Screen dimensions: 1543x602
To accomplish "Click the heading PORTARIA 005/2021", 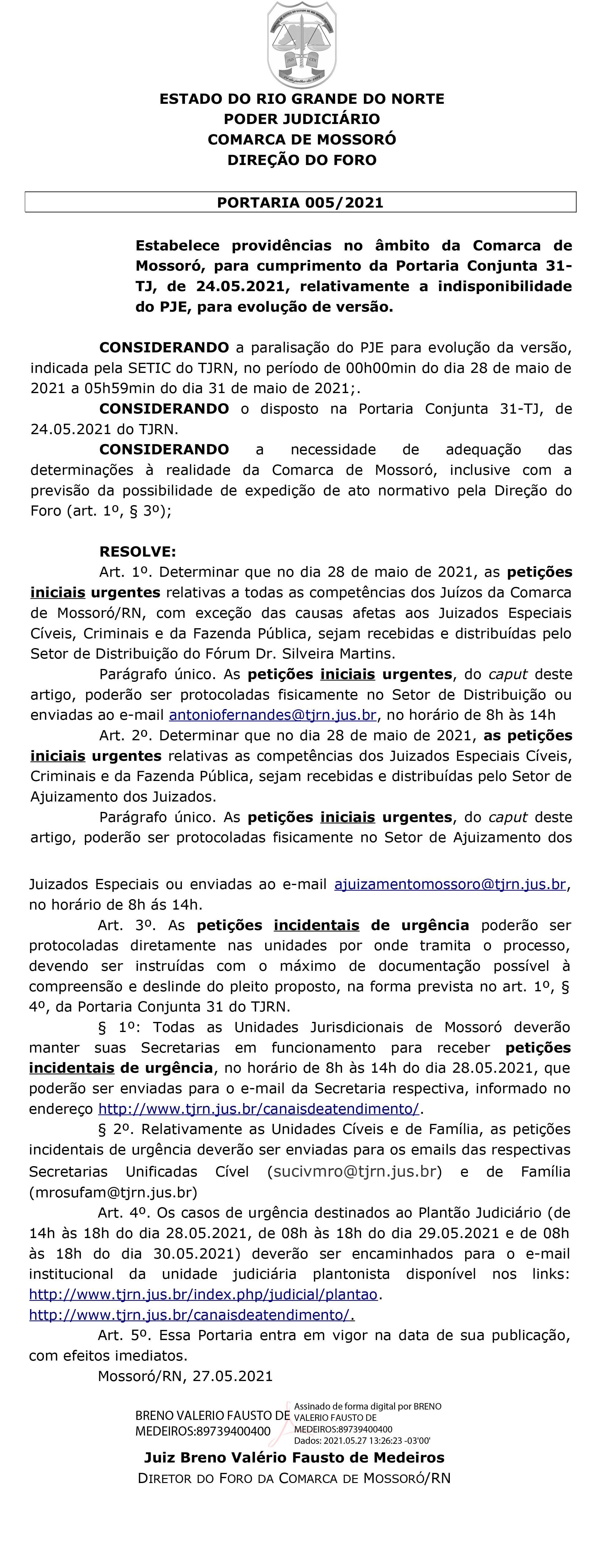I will pos(300,202).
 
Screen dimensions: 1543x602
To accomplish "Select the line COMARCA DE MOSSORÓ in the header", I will pos(301,140).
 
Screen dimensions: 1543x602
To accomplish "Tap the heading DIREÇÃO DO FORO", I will pos(301,160).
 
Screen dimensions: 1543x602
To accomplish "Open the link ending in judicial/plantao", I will pos(203,1294).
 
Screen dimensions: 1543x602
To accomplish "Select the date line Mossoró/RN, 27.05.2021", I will pos(185,1376).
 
